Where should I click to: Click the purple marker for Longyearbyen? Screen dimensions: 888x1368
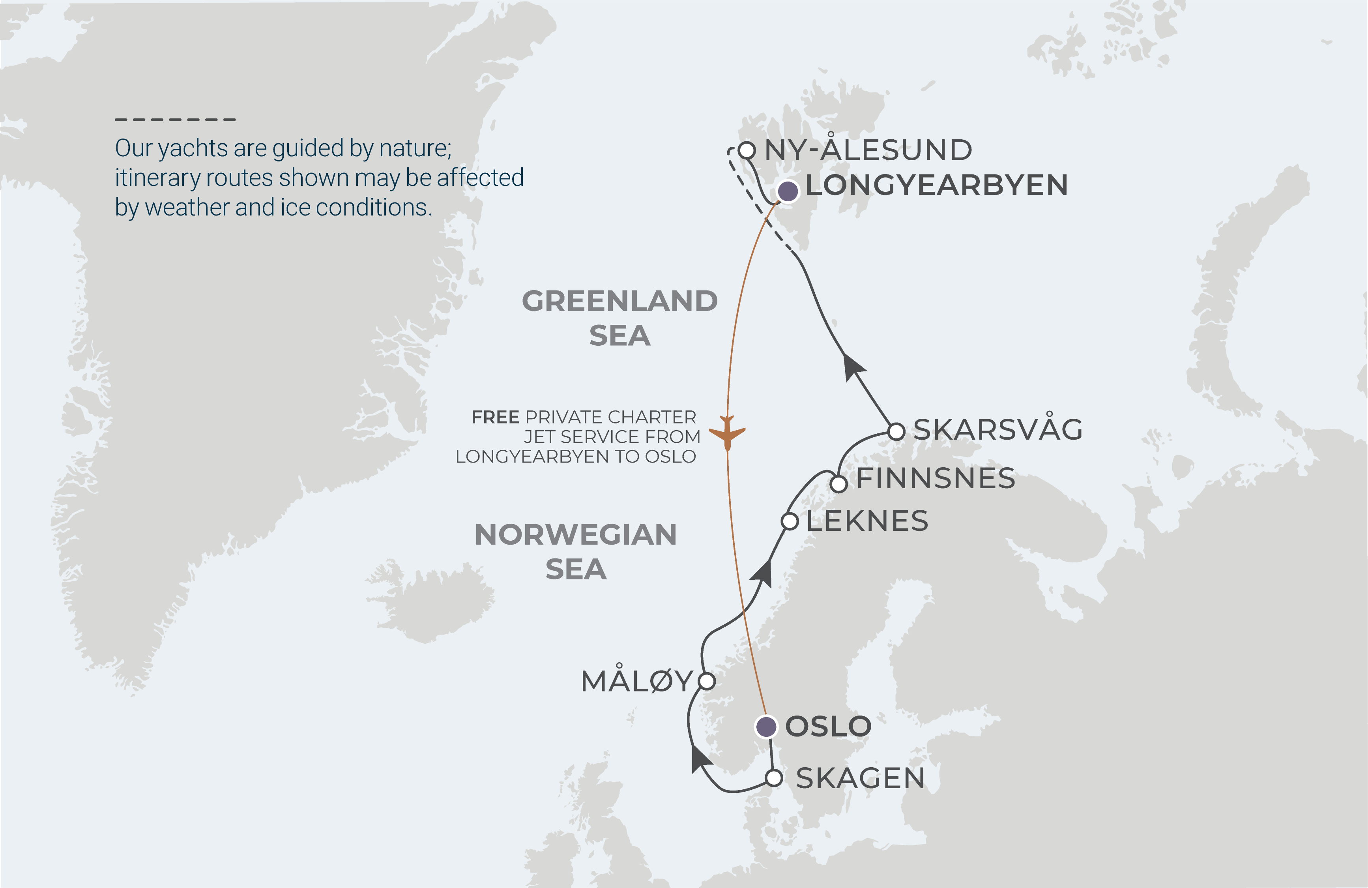(788, 191)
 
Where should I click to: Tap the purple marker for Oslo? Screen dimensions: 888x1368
(765, 727)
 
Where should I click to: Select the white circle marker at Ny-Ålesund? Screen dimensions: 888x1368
(746, 151)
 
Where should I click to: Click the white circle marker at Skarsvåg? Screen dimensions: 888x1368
(896, 431)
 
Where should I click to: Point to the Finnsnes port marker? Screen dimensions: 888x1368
(838, 484)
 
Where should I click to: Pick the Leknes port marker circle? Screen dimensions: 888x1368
(790, 521)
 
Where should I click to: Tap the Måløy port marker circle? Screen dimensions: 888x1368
(706, 681)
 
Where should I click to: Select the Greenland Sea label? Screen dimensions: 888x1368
(619, 318)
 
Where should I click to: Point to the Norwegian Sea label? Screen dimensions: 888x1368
(575, 552)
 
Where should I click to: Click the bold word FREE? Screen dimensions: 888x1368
(495, 417)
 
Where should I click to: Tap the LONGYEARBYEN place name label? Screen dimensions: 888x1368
(936, 185)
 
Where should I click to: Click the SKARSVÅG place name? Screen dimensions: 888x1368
(997, 429)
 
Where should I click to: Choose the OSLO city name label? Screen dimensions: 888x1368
(828, 727)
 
